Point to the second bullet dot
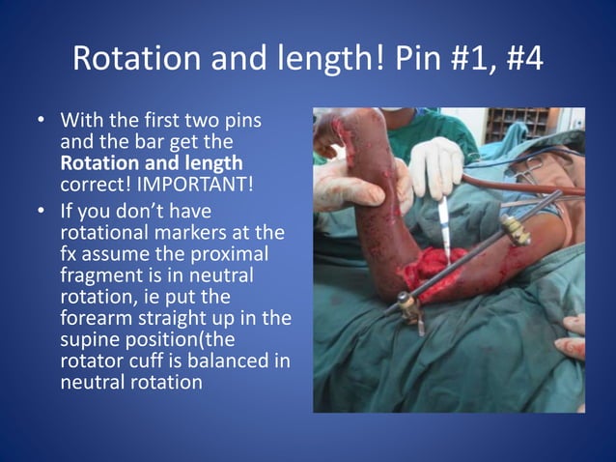tap(41, 211)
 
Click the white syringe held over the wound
tap(443, 223)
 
